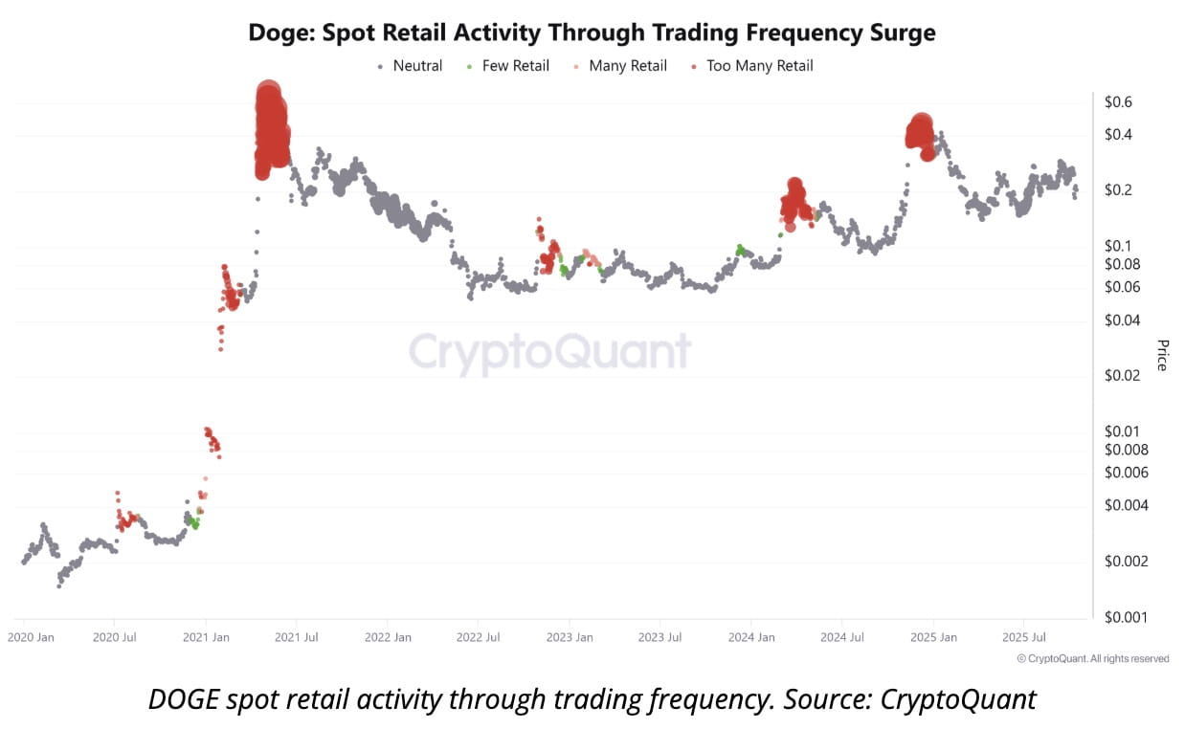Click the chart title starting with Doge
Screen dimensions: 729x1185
click(592, 33)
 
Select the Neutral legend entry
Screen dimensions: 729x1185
click(416, 66)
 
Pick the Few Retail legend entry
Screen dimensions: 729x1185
click(515, 66)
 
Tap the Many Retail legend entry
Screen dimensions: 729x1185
click(627, 66)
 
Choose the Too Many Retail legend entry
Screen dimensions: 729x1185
click(759, 66)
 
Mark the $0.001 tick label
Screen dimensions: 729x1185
click(1126, 617)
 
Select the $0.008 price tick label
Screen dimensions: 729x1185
click(1126, 450)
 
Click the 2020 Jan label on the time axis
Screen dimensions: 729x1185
click(32, 637)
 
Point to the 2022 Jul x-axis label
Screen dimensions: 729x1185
click(479, 637)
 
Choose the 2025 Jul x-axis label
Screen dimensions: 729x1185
click(1022, 637)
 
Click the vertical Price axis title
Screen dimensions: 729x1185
click(1162, 355)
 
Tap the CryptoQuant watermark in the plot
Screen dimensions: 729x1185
click(549, 352)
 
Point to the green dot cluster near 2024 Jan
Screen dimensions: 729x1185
click(740, 250)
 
